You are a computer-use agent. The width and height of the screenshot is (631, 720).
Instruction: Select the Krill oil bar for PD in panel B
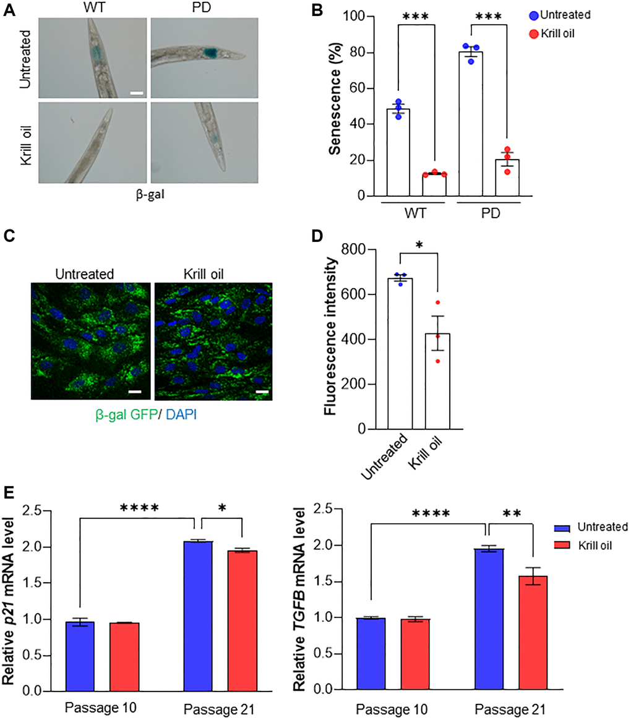click(x=507, y=178)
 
